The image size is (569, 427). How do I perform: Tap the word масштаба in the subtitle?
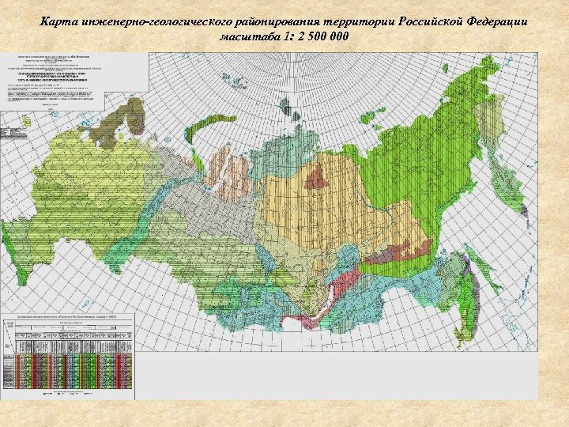[251, 39]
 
